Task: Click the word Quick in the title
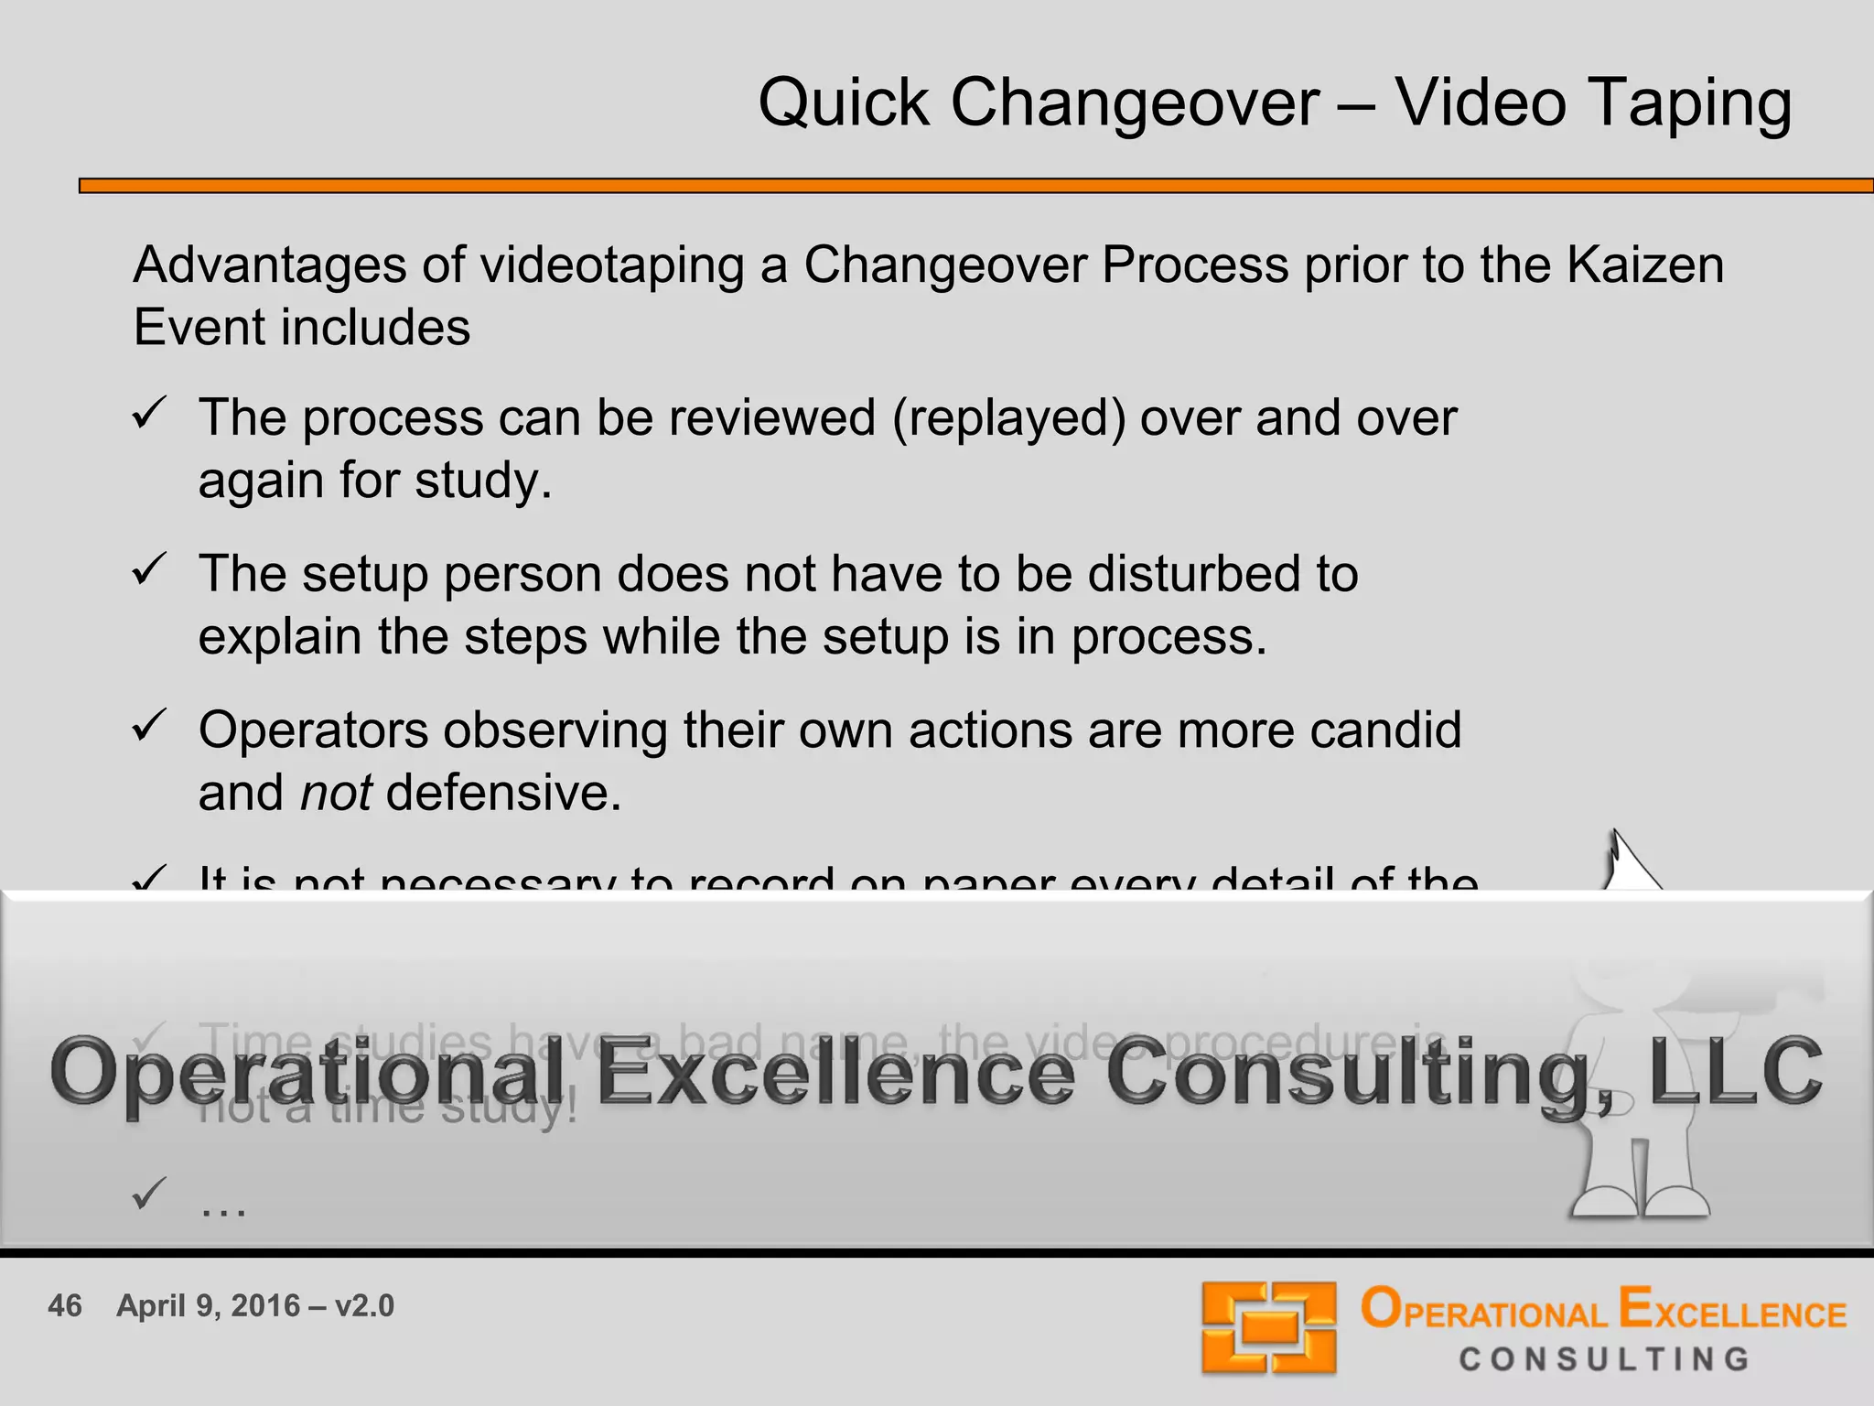[x=844, y=103]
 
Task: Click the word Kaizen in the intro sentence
[x=1644, y=265]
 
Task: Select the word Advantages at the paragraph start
[x=269, y=265]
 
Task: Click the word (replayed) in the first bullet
[x=1008, y=418]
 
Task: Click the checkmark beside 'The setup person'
[x=149, y=569]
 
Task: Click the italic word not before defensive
[x=336, y=793]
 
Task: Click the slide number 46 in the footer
[x=65, y=1305]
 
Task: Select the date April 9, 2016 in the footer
[x=209, y=1305]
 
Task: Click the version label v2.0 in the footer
[x=364, y=1305]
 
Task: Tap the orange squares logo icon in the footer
[x=1268, y=1327]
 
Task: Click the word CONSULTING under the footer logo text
[x=1604, y=1359]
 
